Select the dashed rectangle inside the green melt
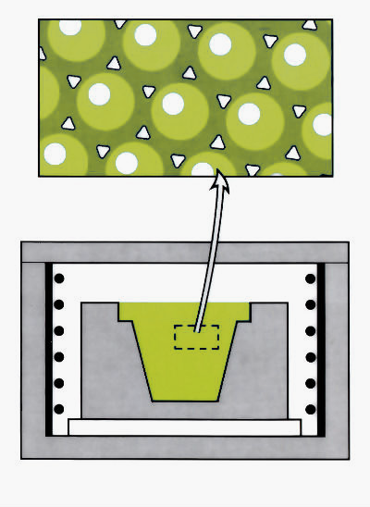196,337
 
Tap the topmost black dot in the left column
60,278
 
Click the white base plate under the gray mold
185,427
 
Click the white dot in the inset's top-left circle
63,28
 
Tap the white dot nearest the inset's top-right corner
294,55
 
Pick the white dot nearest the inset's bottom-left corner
55,154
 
